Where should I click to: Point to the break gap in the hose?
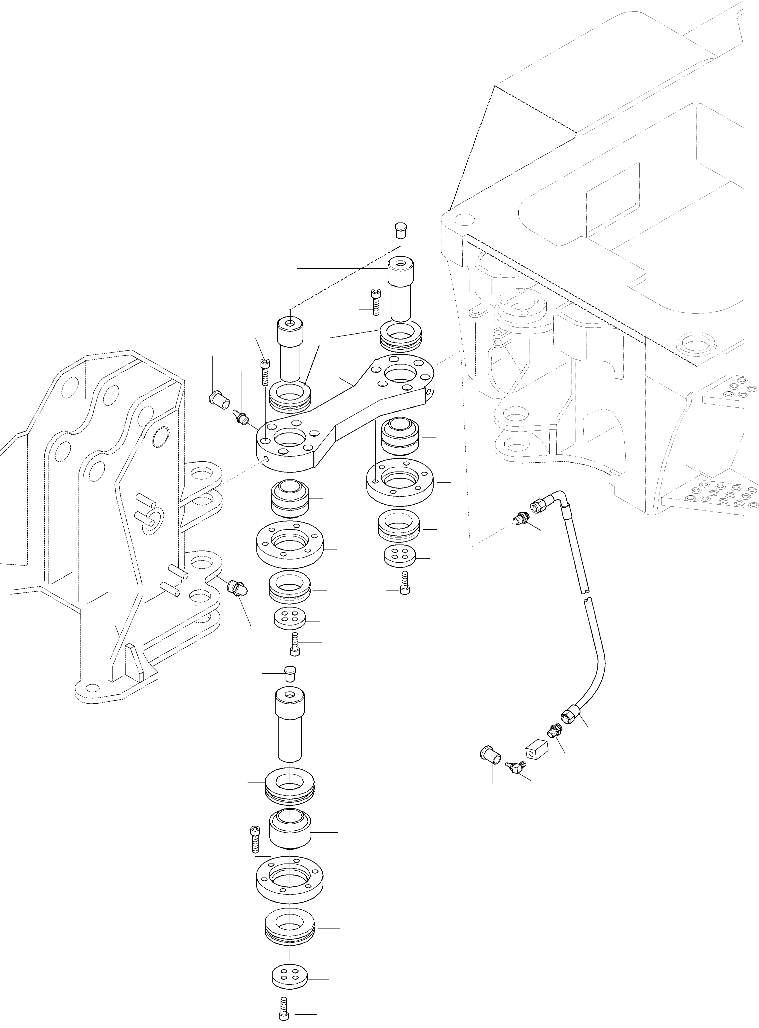pos(586,595)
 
